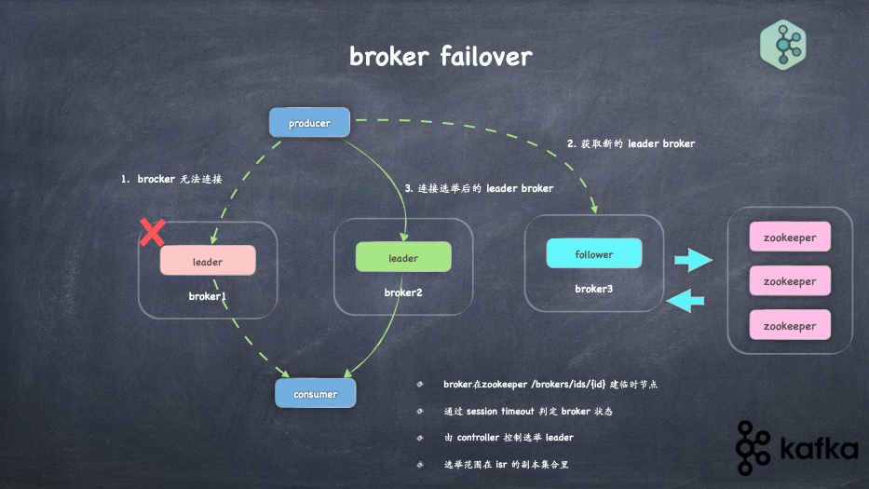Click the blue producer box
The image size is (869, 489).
[309, 123]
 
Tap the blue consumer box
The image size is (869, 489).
[316, 393]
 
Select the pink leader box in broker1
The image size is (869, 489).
[208, 261]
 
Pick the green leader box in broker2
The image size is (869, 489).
[403, 257]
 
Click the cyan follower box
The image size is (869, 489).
[593, 253]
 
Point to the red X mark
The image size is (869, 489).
[152, 232]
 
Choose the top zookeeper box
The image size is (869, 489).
[789, 238]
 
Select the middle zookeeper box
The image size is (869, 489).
[789, 281]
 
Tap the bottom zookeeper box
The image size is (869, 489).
[789, 325]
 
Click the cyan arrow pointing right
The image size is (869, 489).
[693, 259]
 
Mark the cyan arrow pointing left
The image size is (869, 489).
[687, 300]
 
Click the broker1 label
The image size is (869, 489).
[208, 296]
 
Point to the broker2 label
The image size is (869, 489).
[403, 292]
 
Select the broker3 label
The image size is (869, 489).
[593, 289]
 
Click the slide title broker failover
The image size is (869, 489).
[441, 56]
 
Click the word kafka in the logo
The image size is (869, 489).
[820, 450]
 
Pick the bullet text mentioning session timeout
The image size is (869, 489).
[527, 411]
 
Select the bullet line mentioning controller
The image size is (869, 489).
[508, 437]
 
